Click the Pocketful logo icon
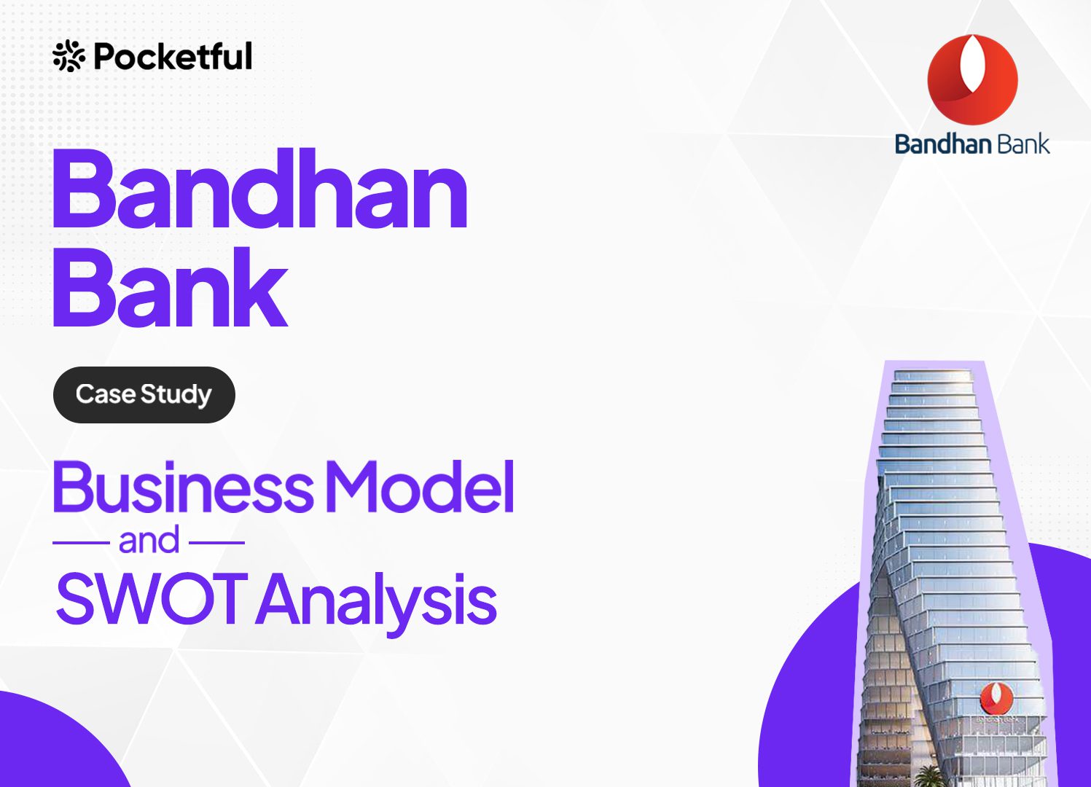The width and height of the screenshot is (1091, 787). pyautogui.click(x=69, y=56)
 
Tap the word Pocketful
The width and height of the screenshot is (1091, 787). pyautogui.click(x=173, y=56)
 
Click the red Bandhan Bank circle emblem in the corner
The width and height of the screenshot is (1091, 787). pyautogui.click(x=972, y=79)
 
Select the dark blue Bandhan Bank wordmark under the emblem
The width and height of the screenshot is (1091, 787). pyautogui.click(x=972, y=144)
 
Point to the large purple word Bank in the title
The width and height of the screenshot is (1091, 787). pyautogui.click(x=170, y=287)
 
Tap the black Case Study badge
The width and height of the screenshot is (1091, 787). pyautogui.click(x=144, y=394)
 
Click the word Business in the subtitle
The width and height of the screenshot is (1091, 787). pyautogui.click(x=183, y=487)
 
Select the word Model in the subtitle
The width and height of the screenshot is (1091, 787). pyautogui.click(x=419, y=487)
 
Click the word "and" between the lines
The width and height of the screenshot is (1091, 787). pyautogui.click(x=149, y=540)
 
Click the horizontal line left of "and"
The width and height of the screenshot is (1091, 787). pyautogui.click(x=81, y=542)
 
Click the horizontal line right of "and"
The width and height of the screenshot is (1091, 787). pyautogui.click(x=216, y=542)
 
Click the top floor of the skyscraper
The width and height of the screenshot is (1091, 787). pyautogui.click(x=933, y=375)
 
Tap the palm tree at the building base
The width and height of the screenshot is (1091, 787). pyautogui.click(x=928, y=775)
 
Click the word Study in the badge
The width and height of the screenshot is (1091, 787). pyautogui.click(x=176, y=395)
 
